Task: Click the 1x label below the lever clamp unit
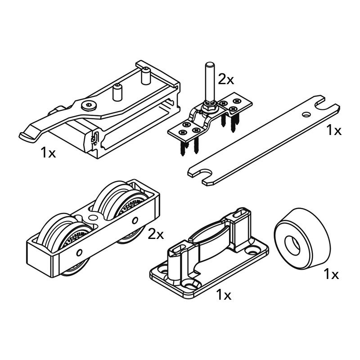click(x=48, y=153)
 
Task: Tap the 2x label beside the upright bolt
click(x=226, y=80)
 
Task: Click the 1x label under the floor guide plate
click(x=223, y=295)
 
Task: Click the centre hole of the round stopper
click(x=294, y=243)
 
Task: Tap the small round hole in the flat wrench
click(x=306, y=115)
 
